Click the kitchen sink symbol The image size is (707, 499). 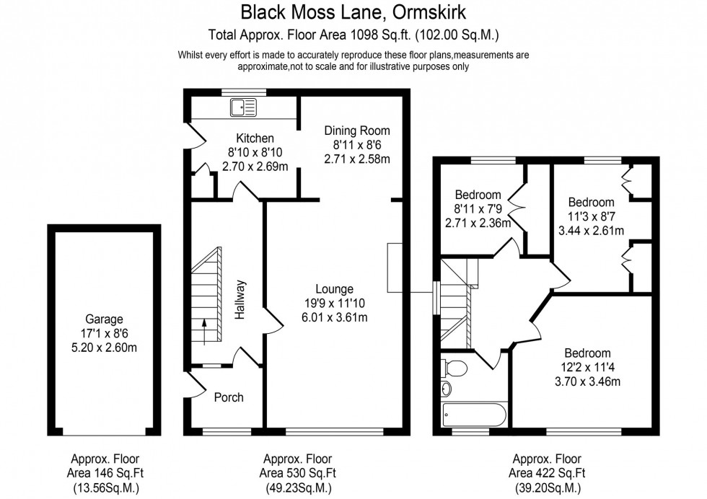243,108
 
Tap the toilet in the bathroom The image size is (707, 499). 454,369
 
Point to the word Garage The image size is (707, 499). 105,319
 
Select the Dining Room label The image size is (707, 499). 356,131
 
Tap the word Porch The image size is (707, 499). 229,397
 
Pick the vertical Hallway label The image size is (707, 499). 241,299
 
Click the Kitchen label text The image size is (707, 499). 255,138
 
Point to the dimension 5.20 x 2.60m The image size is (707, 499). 105,347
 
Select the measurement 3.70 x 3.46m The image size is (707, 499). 587,381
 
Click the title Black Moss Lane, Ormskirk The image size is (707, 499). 353,13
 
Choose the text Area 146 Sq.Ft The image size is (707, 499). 105,472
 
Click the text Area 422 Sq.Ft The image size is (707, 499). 546,472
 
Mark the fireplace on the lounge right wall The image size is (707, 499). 396,268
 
